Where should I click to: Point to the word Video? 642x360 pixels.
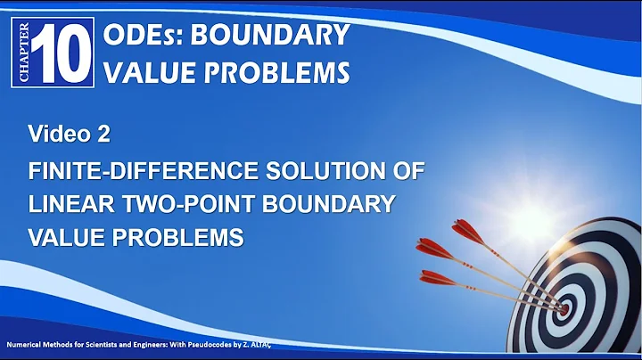53,135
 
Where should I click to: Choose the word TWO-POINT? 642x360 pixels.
183,203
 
